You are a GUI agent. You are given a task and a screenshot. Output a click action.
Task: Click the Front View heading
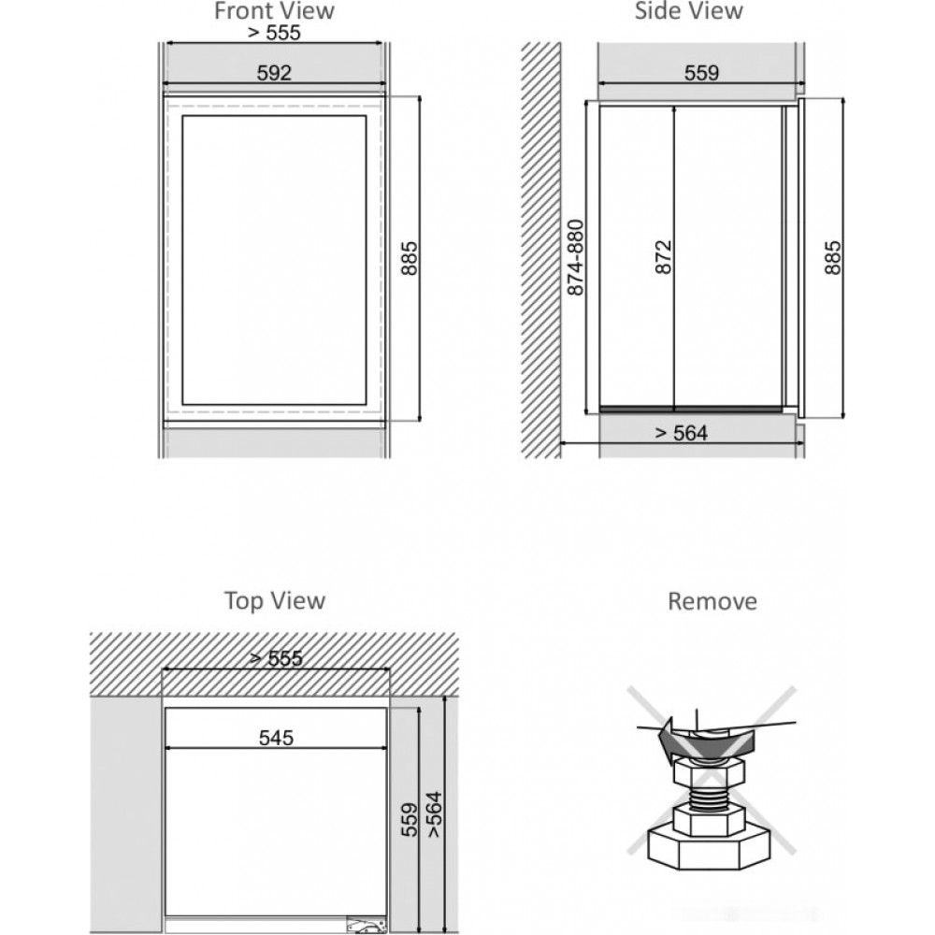pos(274,10)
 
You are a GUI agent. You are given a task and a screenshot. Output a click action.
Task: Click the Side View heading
pos(689,10)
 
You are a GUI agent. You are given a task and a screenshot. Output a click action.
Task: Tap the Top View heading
pos(275,600)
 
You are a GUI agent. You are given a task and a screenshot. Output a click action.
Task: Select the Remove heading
pos(712,601)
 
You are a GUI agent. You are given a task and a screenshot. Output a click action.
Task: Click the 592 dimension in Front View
pos(274,73)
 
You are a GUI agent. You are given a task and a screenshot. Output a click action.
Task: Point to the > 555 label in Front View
pos(274,33)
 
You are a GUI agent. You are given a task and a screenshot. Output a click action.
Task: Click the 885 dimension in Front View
pos(410,258)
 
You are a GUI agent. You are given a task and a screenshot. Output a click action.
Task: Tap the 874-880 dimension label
pos(576,258)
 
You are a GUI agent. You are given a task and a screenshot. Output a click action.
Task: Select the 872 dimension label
pos(663,258)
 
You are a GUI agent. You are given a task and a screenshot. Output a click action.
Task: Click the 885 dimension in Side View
pos(832,258)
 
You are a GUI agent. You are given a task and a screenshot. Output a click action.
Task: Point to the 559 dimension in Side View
pos(702,73)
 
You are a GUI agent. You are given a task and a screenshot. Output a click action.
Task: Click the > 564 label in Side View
pos(681,433)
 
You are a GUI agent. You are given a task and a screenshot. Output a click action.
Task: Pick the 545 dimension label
pos(277,739)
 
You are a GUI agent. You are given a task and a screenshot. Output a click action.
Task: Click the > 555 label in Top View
pos(277,658)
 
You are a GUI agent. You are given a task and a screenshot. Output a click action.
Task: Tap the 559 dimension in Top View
pos(410,820)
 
